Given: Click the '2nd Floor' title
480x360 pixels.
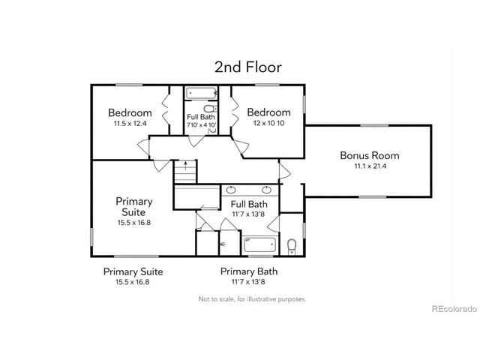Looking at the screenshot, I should pyautogui.click(x=247, y=67).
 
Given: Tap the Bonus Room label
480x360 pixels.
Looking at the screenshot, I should pyautogui.click(x=369, y=156).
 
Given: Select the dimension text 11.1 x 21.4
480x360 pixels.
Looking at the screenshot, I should pyautogui.click(x=369, y=166).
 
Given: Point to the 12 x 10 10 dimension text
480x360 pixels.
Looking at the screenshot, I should pyautogui.click(x=269, y=123).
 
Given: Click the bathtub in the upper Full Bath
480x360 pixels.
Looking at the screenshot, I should pyautogui.click(x=200, y=94).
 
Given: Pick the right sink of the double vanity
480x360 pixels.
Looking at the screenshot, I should pyautogui.click(x=265, y=190).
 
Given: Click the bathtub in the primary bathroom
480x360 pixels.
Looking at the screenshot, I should pyautogui.click(x=259, y=244).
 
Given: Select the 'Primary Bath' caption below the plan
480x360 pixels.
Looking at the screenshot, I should pyautogui.click(x=248, y=271).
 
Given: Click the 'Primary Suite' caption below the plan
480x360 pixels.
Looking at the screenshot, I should pyautogui.click(x=133, y=271).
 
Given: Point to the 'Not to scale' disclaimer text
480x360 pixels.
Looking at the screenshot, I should pyautogui.click(x=252, y=298).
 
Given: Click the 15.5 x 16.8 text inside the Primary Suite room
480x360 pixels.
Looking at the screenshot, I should pyautogui.click(x=134, y=222).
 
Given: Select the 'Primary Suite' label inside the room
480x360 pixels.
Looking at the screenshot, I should pyautogui.click(x=134, y=206).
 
